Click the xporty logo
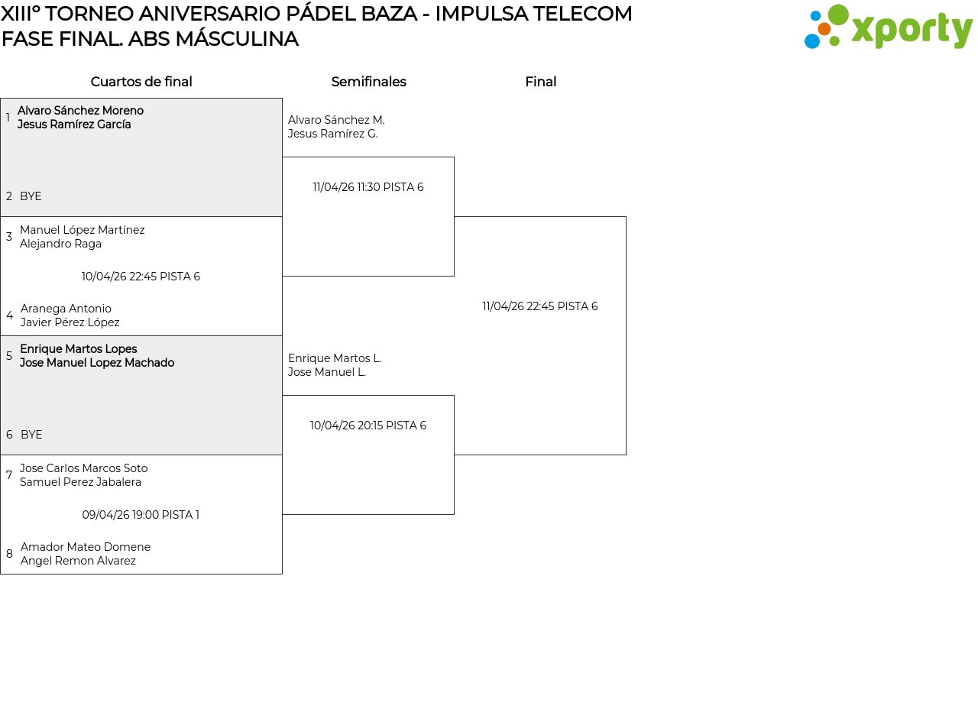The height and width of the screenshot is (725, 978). [x=888, y=27]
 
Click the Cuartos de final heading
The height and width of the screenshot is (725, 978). [x=141, y=82]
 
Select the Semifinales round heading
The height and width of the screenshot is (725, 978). [x=368, y=82]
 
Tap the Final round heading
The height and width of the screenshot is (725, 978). [x=541, y=82]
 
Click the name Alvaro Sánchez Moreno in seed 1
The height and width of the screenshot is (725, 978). [x=81, y=110]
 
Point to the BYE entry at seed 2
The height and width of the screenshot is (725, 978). [x=31, y=196]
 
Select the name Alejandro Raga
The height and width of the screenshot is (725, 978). [x=60, y=244]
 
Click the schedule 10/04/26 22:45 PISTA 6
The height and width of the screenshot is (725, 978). [x=141, y=277]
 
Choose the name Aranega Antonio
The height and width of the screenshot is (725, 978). [x=66, y=309]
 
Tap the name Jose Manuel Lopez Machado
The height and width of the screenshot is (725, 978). [x=97, y=363]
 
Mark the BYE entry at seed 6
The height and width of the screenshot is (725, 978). [x=31, y=435]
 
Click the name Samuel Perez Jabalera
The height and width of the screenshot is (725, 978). [x=80, y=482]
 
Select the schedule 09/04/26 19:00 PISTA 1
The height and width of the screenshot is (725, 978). [x=141, y=515]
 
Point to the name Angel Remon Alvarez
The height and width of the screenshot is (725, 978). [x=78, y=561]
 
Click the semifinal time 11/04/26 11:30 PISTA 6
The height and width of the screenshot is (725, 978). [x=368, y=187]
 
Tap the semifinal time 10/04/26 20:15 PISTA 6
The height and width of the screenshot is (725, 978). [x=368, y=425]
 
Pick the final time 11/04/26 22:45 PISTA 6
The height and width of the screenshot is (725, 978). [x=540, y=306]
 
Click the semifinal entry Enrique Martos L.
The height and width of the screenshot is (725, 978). [x=335, y=358]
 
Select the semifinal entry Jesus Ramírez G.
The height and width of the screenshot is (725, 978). [x=333, y=134]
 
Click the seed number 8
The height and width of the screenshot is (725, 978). [x=9, y=553]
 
